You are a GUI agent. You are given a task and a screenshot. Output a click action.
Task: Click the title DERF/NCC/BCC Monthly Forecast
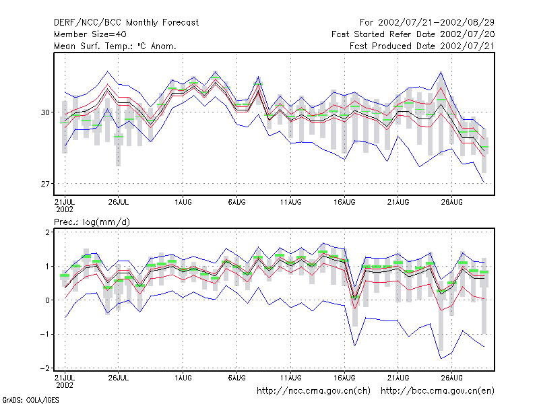[x=126, y=23]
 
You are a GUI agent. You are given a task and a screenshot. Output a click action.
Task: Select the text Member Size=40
[x=90, y=34]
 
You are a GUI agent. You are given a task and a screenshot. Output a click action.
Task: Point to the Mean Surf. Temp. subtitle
[x=115, y=46]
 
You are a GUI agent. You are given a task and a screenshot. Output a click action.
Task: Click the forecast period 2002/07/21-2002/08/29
[x=426, y=23]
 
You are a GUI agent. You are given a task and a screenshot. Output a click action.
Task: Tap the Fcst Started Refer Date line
[x=413, y=34]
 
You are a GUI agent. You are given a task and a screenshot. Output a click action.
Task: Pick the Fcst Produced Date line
[x=422, y=46]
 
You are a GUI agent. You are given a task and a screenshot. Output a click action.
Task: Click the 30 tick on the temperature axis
[x=45, y=112]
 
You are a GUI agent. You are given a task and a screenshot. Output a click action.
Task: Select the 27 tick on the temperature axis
[x=45, y=184]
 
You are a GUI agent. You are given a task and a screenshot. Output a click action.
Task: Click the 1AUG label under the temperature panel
[x=183, y=203]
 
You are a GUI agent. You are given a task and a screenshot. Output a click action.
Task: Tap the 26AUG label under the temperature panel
[x=451, y=203]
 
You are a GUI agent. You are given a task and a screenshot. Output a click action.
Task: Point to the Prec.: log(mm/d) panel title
[x=92, y=222]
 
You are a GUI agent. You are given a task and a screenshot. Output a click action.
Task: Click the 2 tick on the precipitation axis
[x=47, y=232]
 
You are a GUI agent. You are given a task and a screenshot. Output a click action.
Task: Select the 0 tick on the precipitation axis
[x=47, y=300]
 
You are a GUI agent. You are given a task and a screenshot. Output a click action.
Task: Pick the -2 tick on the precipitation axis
[x=45, y=368]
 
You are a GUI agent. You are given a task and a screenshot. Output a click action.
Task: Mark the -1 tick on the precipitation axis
[x=45, y=334]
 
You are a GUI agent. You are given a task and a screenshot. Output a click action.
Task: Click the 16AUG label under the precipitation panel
[x=344, y=378]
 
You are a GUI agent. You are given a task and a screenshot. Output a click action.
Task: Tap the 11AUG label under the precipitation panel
[x=291, y=378]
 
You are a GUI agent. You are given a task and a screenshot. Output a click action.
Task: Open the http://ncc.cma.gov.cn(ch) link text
[x=313, y=391]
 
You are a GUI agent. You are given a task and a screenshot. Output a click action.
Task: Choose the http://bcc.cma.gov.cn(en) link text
[x=437, y=391]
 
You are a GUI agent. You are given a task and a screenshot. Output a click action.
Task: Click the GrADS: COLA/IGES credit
[x=30, y=400]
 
